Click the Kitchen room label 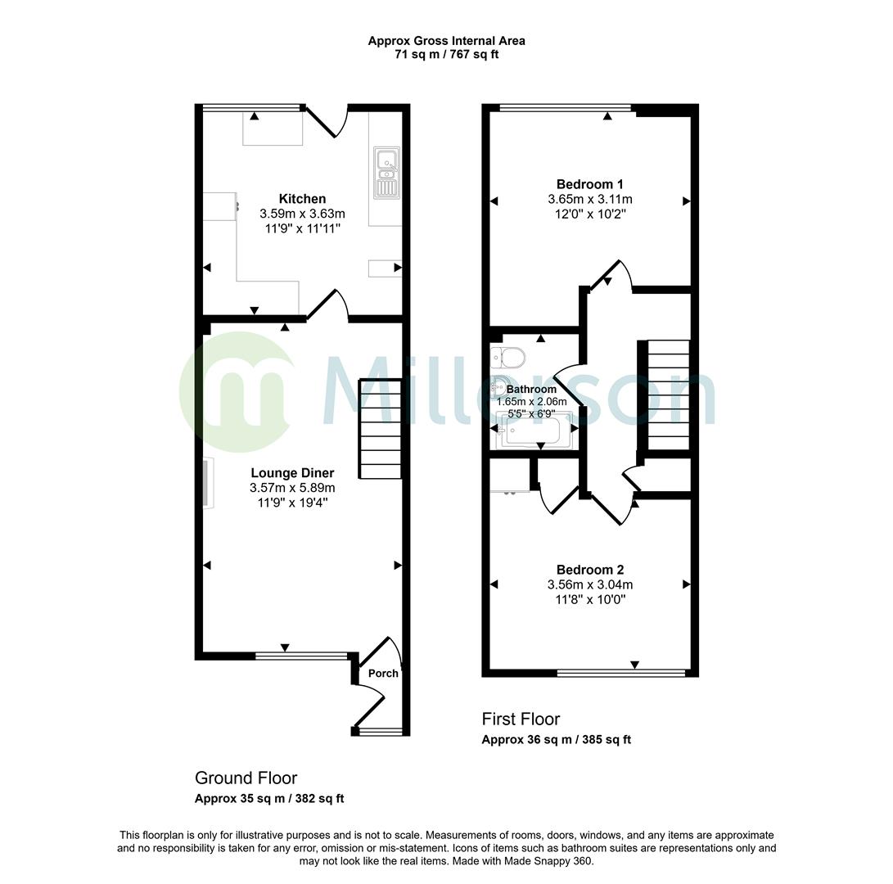pyautogui.click(x=302, y=199)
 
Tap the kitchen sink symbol pyautogui.click(x=386, y=173)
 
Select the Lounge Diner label pyautogui.click(x=292, y=472)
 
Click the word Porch pyautogui.click(x=383, y=673)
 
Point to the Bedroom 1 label pyautogui.click(x=589, y=184)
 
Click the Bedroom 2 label pyautogui.click(x=589, y=570)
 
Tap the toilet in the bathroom pyautogui.click(x=509, y=357)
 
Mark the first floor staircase pyautogui.click(x=669, y=395)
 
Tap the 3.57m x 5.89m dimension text pyautogui.click(x=292, y=488)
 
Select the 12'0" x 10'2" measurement pyautogui.click(x=589, y=214)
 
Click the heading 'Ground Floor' pyautogui.click(x=246, y=778)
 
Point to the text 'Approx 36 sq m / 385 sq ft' pyautogui.click(x=556, y=739)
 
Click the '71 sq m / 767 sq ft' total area pyautogui.click(x=446, y=55)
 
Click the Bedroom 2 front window pyautogui.click(x=620, y=673)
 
